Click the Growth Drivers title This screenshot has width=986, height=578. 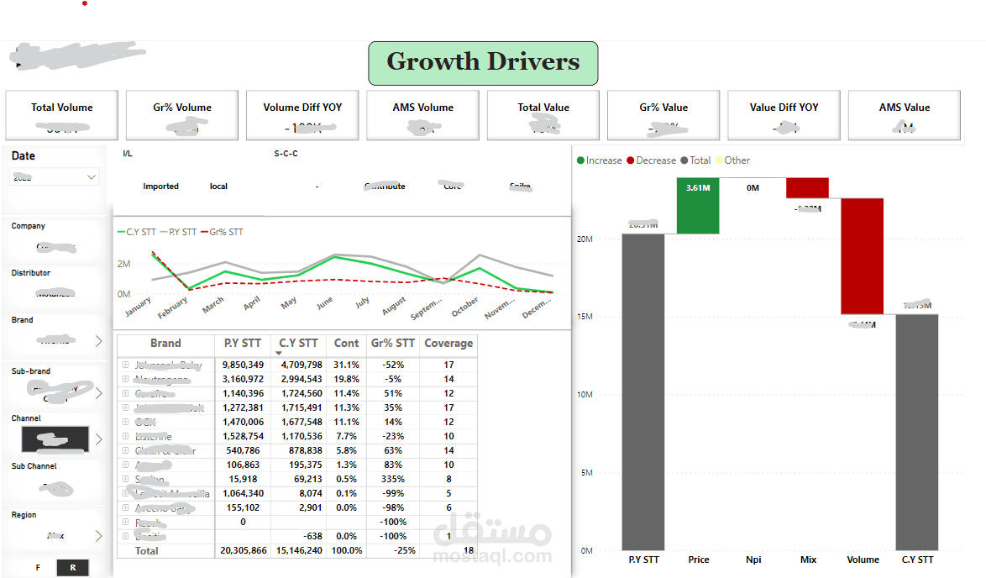[483, 62]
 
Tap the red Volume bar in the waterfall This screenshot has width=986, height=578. [863, 256]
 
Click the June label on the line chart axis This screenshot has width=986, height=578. [324, 302]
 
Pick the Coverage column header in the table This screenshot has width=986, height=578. [448, 343]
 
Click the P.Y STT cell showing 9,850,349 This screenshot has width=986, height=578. [243, 365]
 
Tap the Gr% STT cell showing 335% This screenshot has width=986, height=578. [392, 479]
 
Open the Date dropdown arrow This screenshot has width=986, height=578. [92, 177]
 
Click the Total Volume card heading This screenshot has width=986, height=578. [62, 108]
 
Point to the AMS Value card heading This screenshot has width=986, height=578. [905, 108]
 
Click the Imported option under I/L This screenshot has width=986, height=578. [160, 187]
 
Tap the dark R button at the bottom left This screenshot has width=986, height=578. [73, 567]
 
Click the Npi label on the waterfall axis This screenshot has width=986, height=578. [753, 560]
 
